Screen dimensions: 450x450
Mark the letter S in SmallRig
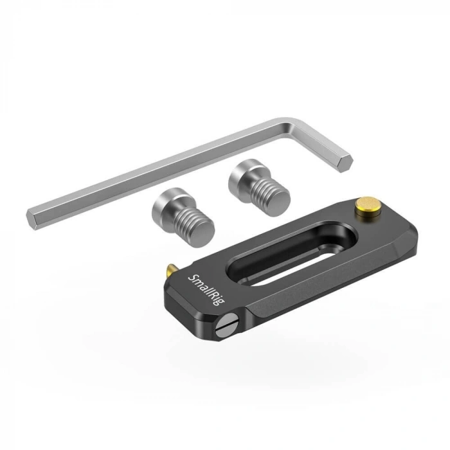[x=190, y=277]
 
